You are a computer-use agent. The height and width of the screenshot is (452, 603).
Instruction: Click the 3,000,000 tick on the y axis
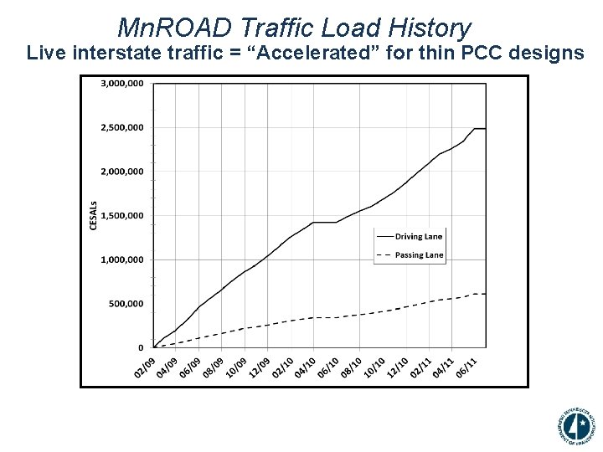tap(122, 84)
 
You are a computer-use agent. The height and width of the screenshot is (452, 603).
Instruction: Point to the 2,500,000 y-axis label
tap(122, 128)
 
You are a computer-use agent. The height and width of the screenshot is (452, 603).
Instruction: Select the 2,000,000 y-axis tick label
tap(122, 172)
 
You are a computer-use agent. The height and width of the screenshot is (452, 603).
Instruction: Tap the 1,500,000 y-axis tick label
tap(122, 216)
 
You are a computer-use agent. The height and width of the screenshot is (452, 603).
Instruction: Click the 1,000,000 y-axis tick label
tap(122, 259)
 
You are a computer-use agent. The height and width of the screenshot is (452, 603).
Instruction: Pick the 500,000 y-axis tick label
tap(126, 304)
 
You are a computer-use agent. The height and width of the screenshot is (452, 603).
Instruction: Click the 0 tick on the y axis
tap(141, 347)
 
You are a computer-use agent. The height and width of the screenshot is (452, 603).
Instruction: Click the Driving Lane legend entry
tap(419, 237)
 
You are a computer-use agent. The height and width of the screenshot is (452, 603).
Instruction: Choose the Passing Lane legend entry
tap(419, 255)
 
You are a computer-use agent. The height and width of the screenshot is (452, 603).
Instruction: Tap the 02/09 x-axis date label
tap(145, 367)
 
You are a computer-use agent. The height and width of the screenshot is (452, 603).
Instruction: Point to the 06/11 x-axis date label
tap(467, 367)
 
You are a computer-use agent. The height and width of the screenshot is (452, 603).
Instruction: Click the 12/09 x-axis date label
tap(260, 367)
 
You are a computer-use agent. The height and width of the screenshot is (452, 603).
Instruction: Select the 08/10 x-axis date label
tap(353, 367)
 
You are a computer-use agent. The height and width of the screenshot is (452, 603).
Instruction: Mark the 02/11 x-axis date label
tap(421, 367)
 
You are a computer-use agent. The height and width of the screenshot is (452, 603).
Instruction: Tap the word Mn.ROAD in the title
tap(173, 28)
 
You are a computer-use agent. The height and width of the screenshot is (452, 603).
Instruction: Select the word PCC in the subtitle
tap(486, 54)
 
